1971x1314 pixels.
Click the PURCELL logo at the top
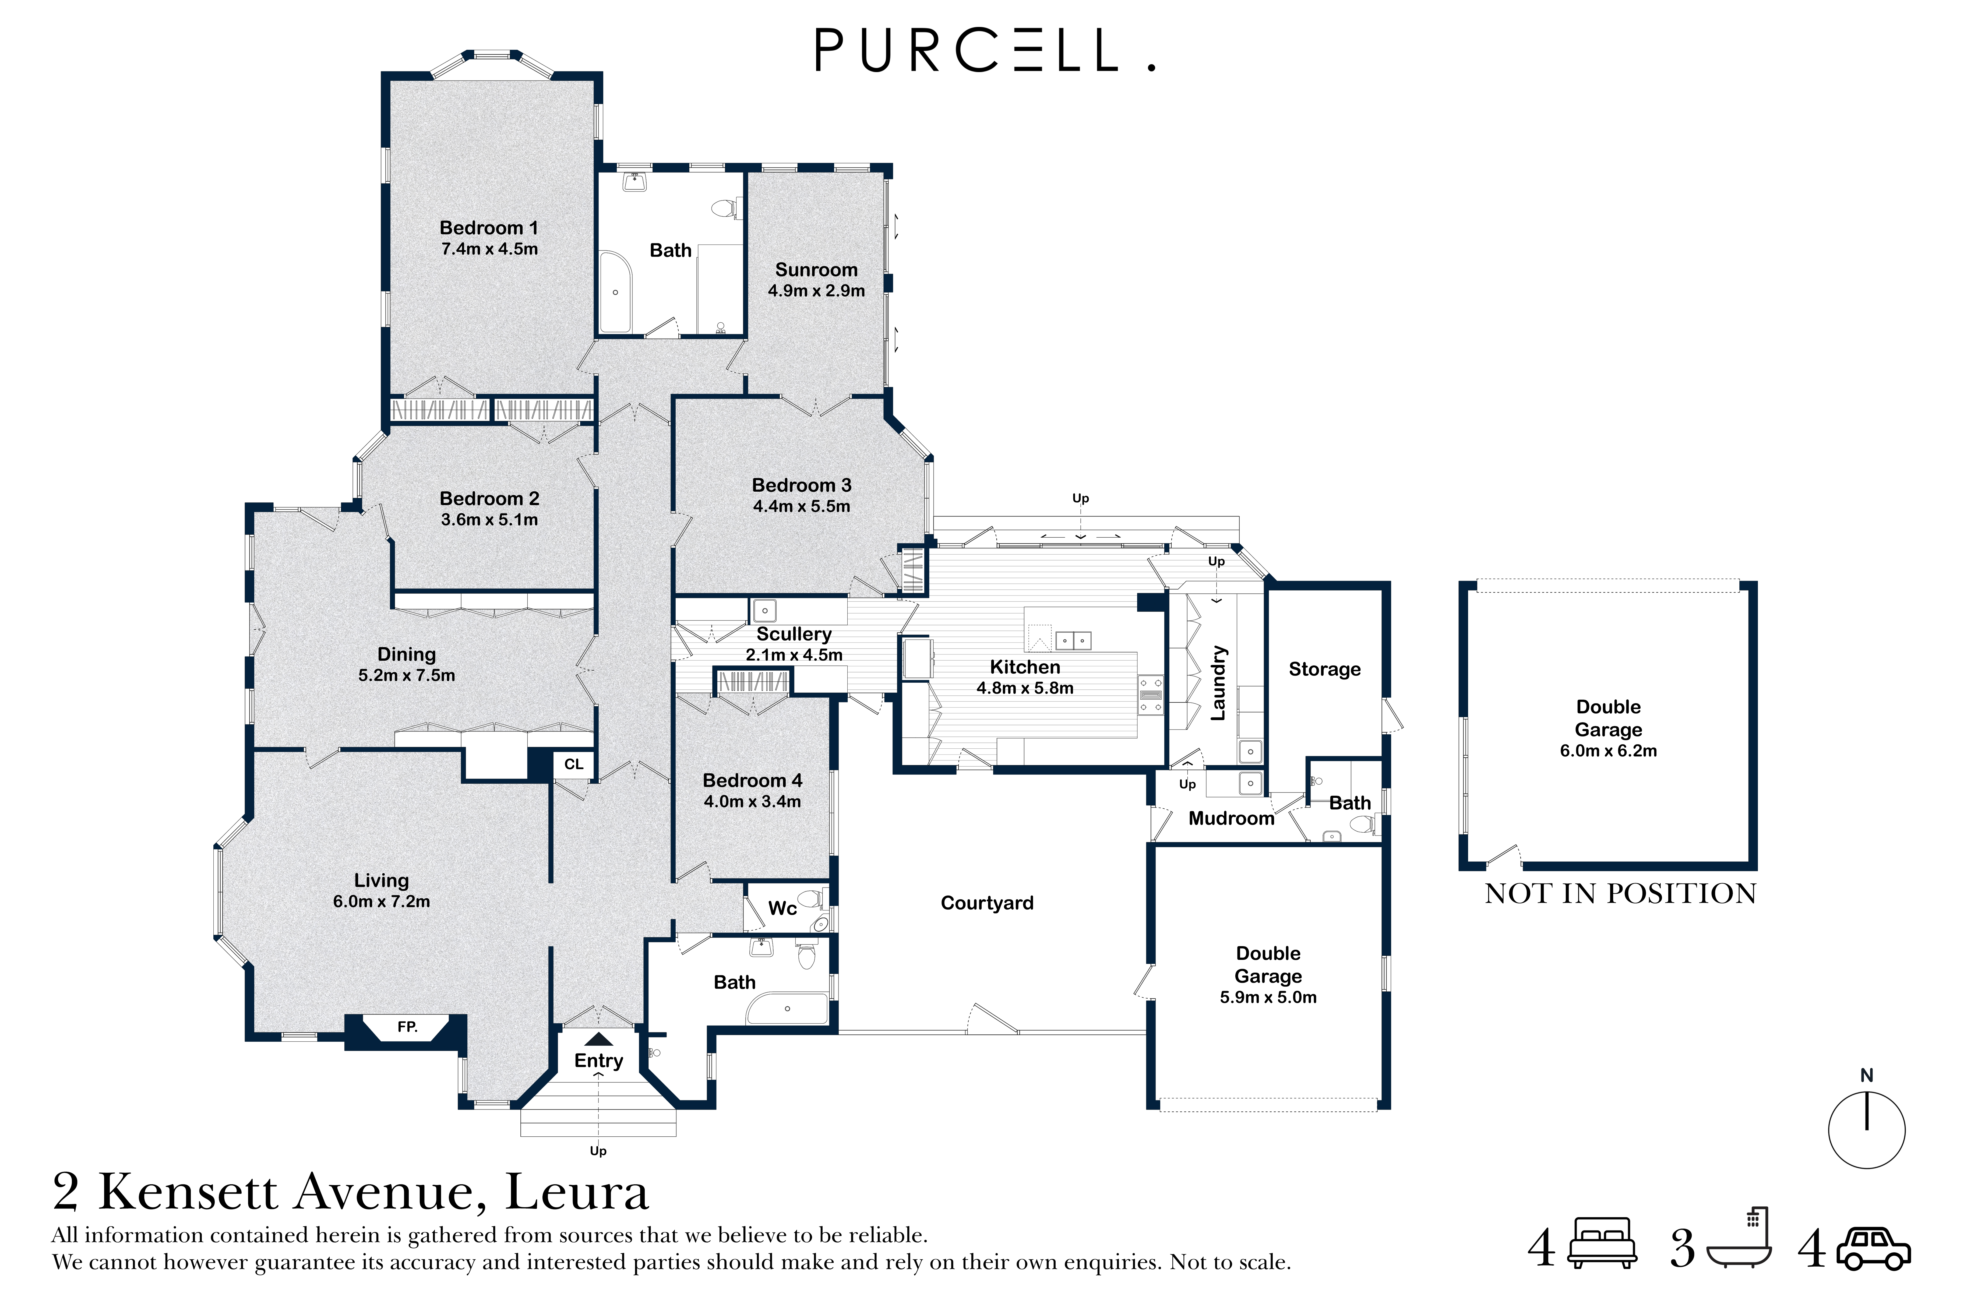985,50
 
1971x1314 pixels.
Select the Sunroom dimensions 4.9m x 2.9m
816,291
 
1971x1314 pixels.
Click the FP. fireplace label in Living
407,1027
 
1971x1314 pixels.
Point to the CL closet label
573,764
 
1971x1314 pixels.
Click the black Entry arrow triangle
598,1039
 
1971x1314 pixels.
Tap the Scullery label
794,634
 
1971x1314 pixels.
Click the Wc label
782,908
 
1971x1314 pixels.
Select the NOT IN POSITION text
1620,894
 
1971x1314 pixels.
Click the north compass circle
1866,1130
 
